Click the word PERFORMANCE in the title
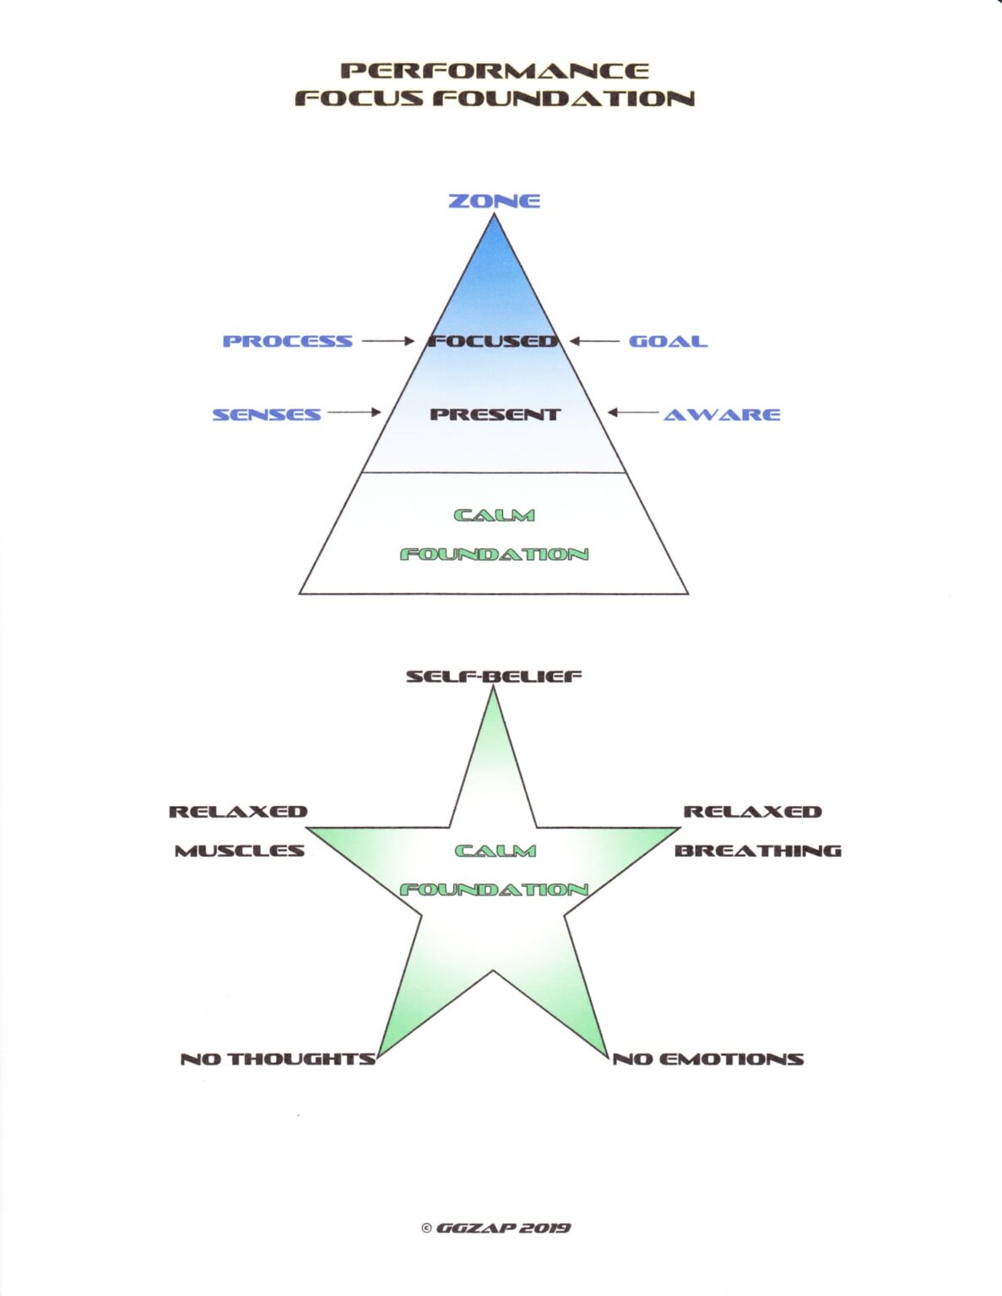pyautogui.click(x=495, y=71)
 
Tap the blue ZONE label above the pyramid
pyautogui.click(x=494, y=201)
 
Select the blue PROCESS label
pyautogui.click(x=287, y=342)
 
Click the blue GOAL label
pyautogui.click(x=668, y=342)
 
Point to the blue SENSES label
pyautogui.click(x=266, y=414)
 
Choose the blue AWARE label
pyautogui.click(x=721, y=414)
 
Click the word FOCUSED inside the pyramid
pyautogui.click(x=494, y=342)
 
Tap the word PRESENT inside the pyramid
pyautogui.click(x=494, y=414)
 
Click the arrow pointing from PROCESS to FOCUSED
pyautogui.click(x=387, y=341)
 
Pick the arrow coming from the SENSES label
pyautogui.click(x=354, y=413)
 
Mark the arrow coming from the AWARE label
pyautogui.click(x=633, y=413)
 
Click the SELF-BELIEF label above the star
pyautogui.click(x=494, y=677)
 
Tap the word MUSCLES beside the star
pyautogui.click(x=239, y=850)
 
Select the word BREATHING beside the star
pyautogui.click(x=757, y=850)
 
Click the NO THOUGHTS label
pyautogui.click(x=278, y=1059)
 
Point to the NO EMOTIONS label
pyautogui.click(x=707, y=1059)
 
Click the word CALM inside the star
pyautogui.click(x=495, y=850)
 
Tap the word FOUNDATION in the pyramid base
pyautogui.click(x=494, y=554)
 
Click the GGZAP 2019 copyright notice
pyautogui.click(x=496, y=1228)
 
